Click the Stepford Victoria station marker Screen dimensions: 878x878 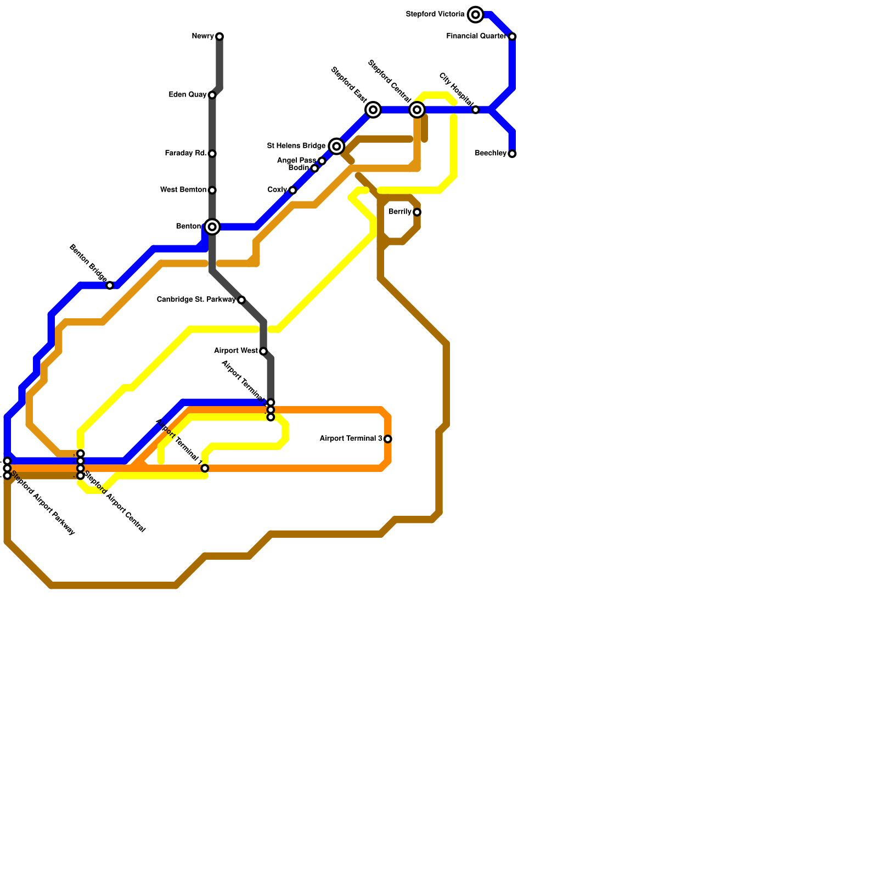pyautogui.click(x=476, y=15)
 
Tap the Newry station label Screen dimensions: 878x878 pyautogui.click(x=202, y=37)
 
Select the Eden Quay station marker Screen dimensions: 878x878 pyautogui.click(x=212, y=95)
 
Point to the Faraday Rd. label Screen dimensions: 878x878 pyautogui.click(x=185, y=154)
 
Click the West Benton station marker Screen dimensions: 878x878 pyautogui.click(x=212, y=190)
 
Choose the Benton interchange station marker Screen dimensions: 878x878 pyautogui.click(x=212, y=227)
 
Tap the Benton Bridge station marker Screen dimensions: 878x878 pyautogui.click(x=110, y=285)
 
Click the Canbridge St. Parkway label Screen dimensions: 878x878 pyautogui.click(x=196, y=300)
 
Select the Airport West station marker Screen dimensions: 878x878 pyautogui.click(x=263, y=351)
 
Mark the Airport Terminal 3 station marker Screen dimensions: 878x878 pyautogui.click(x=388, y=439)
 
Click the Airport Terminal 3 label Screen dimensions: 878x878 pyautogui.click(x=351, y=439)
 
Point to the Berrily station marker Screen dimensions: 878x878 pyautogui.click(x=417, y=212)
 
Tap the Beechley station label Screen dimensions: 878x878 pyautogui.click(x=491, y=154)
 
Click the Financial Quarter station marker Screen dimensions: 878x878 pyautogui.click(x=512, y=37)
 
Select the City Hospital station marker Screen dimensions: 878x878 pyautogui.click(x=476, y=110)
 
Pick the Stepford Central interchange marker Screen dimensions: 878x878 pyautogui.click(x=417, y=110)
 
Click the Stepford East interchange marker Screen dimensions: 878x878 pyautogui.click(x=373, y=110)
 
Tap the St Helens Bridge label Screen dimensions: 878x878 pyautogui.click(x=296, y=146)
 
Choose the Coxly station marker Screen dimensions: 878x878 pyautogui.click(x=292, y=190)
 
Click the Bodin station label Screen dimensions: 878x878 pyautogui.click(x=299, y=168)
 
